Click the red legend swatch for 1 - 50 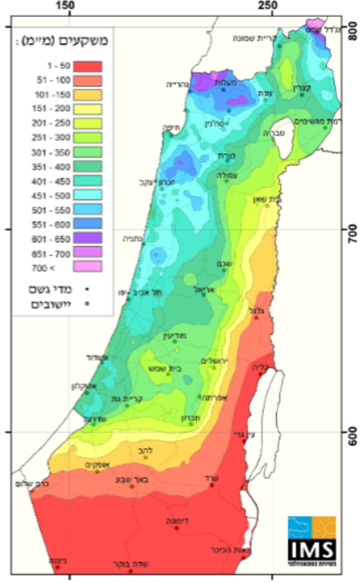[87, 66]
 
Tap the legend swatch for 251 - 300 [87, 138]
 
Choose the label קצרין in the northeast [301, 87]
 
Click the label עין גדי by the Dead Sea [244, 434]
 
